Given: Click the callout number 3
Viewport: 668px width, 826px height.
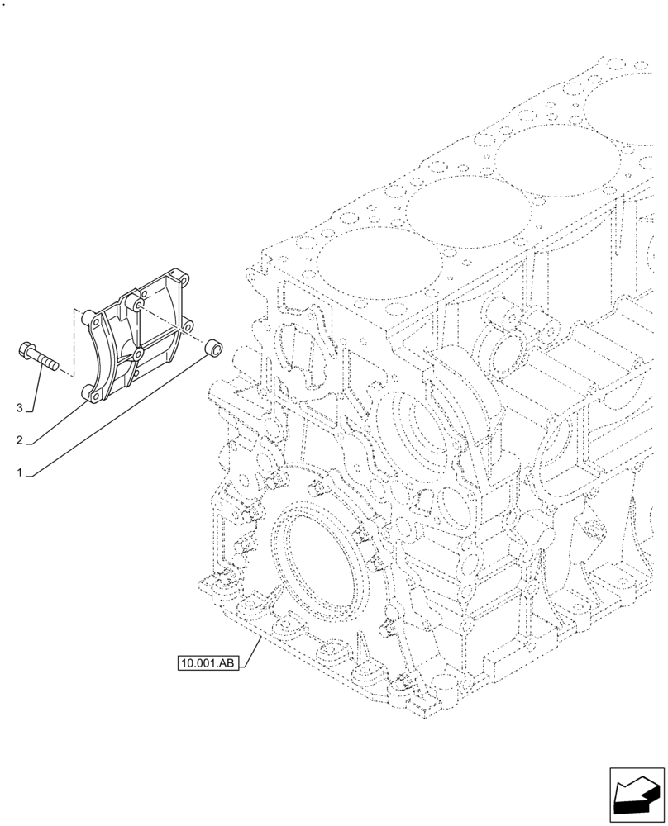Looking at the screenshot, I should (x=20, y=407).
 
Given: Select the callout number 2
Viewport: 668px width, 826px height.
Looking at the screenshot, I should (x=20, y=441).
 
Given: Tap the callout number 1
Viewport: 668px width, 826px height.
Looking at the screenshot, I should (x=20, y=474).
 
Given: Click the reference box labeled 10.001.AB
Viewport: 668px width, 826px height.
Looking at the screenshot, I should (x=207, y=662).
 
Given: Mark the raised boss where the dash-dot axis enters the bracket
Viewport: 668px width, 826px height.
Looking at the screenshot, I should (x=138, y=307).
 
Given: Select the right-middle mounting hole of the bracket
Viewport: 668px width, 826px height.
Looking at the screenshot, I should (x=189, y=327).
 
